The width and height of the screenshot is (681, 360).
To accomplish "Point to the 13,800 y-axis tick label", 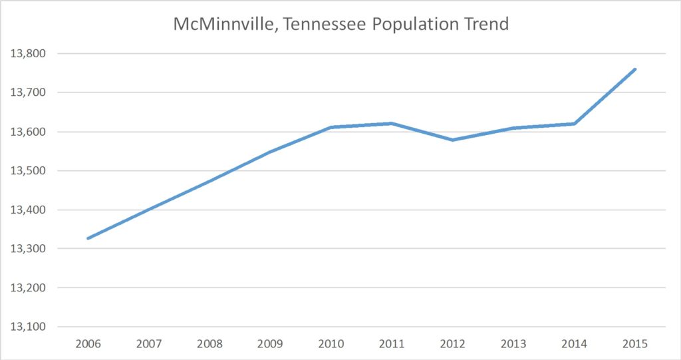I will point(27,53).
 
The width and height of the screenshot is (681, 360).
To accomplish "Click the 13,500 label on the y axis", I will point(27,171).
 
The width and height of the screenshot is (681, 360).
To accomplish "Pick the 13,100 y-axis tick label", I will point(27,327).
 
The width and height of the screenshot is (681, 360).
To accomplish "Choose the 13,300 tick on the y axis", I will point(27,249).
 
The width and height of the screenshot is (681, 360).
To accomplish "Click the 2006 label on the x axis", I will point(88,345).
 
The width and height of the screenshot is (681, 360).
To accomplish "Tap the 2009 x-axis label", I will point(270,345).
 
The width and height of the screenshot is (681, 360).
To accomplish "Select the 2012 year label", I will point(452,345).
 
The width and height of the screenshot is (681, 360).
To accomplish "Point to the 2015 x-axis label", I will point(634,345).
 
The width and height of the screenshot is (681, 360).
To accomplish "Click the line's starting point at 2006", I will point(88,238).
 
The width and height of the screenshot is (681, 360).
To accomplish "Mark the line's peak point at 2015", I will point(635,69).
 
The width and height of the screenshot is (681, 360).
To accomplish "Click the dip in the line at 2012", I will point(452,140).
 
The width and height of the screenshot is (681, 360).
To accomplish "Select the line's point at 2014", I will point(574,124).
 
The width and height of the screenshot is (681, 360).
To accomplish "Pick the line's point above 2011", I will point(392,123).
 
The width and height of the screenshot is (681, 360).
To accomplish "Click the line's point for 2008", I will point(209,180).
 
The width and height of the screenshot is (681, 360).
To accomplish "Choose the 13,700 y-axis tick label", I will point(27,92).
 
